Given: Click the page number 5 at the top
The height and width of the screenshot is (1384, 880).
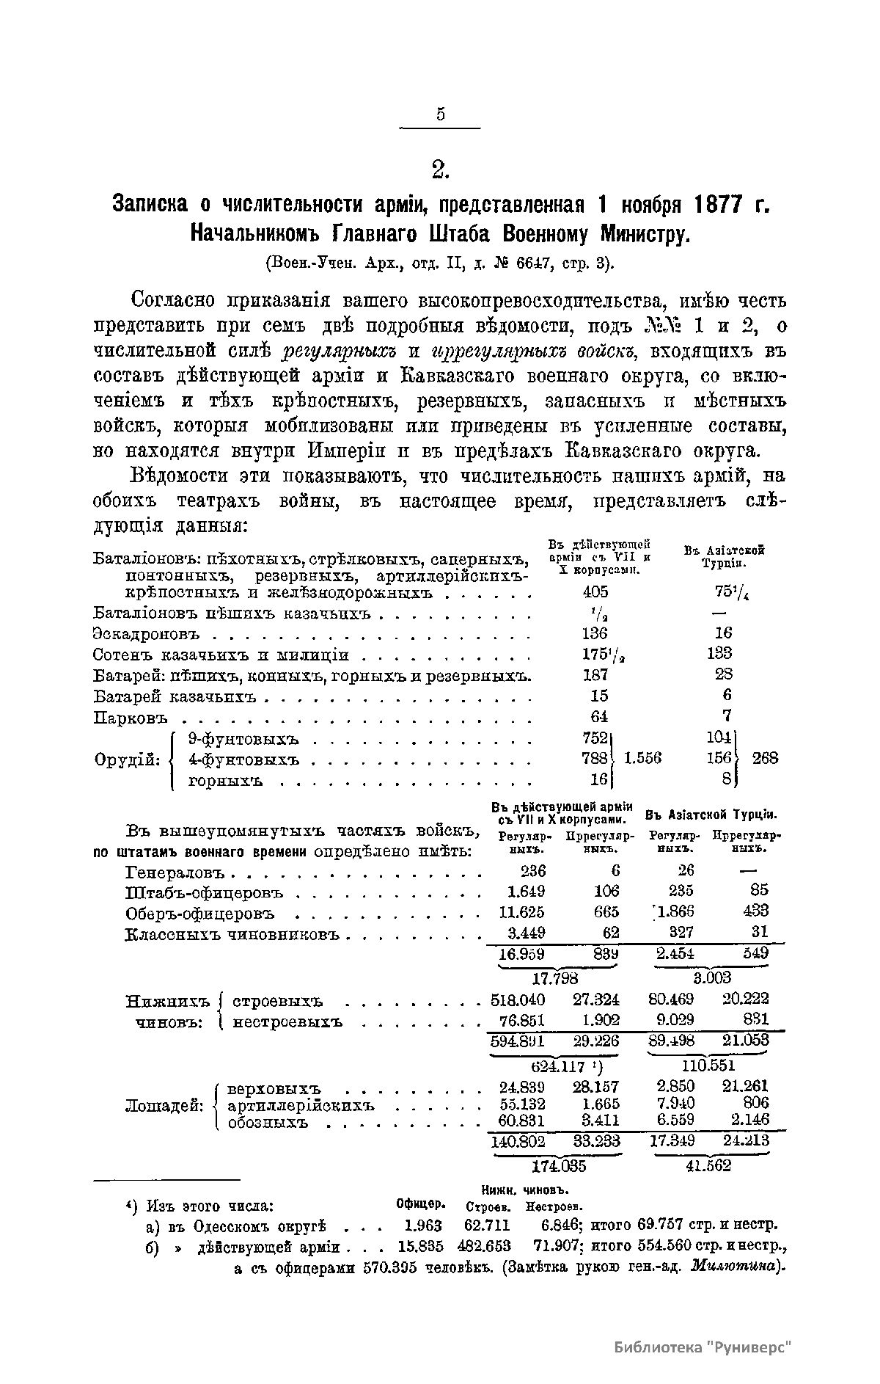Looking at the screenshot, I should click(440, 114).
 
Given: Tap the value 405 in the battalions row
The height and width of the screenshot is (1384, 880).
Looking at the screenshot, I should click(595, 592).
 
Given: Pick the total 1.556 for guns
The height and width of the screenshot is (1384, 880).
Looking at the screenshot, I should click(642, 758).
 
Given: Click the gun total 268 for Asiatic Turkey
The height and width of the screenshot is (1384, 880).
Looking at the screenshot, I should click(765, 758).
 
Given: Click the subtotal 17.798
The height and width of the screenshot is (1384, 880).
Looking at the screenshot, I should click(555, 978).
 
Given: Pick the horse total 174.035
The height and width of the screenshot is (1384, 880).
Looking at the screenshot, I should click(559, 1166).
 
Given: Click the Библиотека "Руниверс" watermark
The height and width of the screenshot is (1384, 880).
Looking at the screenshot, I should click(704, 1347).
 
